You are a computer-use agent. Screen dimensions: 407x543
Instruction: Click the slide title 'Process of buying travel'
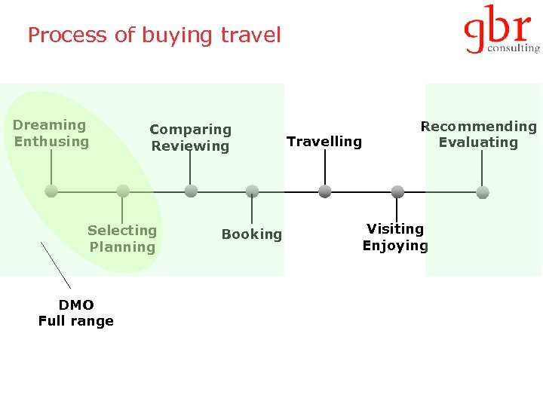[154, 35]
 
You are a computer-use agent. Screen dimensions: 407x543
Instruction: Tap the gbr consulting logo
[502, 31]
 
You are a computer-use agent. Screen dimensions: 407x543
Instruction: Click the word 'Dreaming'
[50, 125]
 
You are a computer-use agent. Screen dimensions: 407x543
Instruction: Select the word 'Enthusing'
[51, 142]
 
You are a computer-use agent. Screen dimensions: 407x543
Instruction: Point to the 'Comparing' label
[190, 130]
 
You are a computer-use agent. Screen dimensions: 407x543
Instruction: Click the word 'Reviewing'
[190, 146]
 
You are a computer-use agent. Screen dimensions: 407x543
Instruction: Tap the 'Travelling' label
[324, 142]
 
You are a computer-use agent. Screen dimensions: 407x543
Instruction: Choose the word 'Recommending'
[478, 127]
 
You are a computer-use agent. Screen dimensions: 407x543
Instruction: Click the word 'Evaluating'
[478, 142]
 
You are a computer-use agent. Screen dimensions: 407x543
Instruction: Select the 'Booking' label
[252, 234]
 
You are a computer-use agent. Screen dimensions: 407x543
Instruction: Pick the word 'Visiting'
[395, 228]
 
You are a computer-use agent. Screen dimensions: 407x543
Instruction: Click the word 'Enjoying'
[395, 246]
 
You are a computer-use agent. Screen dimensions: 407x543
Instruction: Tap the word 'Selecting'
[122, 231]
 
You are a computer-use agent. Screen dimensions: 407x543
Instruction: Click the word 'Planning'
[122, 247]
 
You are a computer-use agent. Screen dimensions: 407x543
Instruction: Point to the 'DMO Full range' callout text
[76, 313]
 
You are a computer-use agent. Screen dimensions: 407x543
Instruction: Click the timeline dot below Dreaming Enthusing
[51, 191]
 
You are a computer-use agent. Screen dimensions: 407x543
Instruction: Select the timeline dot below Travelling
[325, 191]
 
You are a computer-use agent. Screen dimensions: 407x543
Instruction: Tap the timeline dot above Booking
[253, 191]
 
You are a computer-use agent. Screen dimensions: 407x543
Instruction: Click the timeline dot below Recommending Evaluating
[483, 191]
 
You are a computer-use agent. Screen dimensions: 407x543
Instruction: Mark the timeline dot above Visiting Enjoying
[397, 191]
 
